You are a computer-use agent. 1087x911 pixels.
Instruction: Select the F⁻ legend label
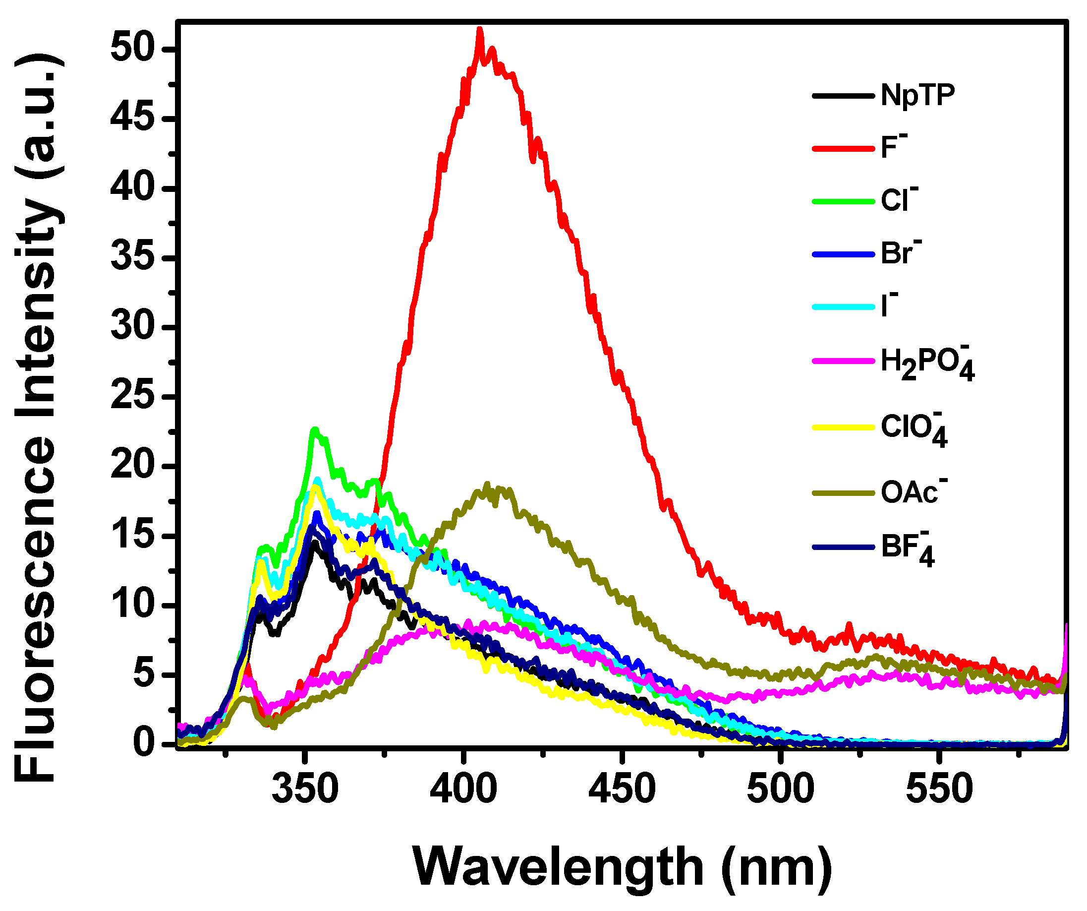pos(893,147)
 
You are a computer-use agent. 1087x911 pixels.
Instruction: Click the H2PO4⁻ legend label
pos(927,363)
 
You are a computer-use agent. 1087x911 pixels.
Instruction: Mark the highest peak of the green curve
pos(314,429)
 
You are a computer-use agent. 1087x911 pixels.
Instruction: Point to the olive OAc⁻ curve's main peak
pos(487,485)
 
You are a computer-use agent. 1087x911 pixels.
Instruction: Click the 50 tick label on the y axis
pos(132,50)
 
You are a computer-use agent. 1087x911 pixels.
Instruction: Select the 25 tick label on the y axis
pos(132,397)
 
